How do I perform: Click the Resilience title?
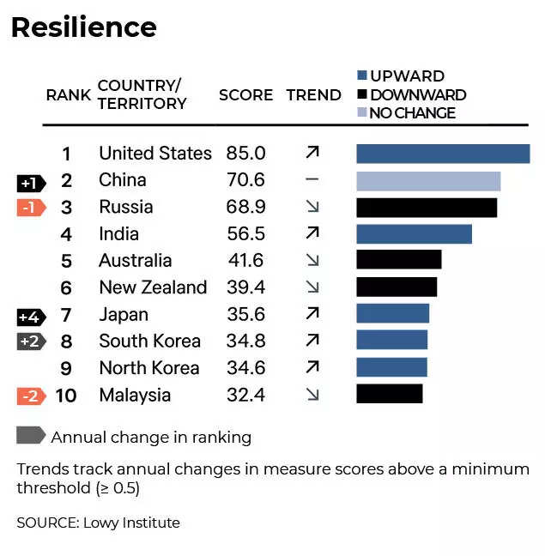[x=83, y=27]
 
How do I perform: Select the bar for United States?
[x=443, y=154]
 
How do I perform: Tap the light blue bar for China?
[x=428, y=180]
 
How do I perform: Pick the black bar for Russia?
[x=427, y=208]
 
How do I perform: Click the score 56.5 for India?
[x=246, y=234]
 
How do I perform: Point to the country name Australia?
[x=135, y=261]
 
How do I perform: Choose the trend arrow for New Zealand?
[x=312, y=287]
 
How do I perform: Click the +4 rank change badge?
[x=31, y=316]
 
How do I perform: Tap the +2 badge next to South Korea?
[x=31, y=341]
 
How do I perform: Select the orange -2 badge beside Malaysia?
[x=31, y=396]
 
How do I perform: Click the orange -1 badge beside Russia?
[x=31, y=208]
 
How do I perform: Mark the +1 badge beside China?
[x=31, y=182]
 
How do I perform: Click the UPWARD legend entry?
[x=401, y=76]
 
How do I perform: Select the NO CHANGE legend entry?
[x=406, y=113]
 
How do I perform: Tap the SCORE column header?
[x=245, y=95]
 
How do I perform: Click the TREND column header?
[x=313, y=95]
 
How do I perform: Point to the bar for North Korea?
[x=391, y=367]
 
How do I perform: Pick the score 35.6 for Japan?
[x=246, y=315]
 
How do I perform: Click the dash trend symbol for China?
[x=312, y=180]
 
